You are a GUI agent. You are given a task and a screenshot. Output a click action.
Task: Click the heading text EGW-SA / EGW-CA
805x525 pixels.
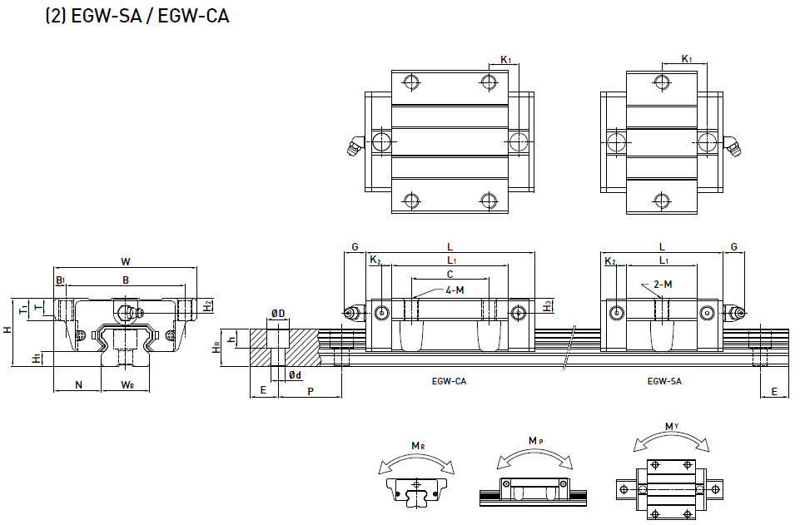(137, 16)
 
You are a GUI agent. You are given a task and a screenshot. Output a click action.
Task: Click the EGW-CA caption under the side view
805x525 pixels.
(449, 381)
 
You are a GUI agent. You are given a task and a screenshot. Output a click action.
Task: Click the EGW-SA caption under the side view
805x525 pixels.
(664, 381)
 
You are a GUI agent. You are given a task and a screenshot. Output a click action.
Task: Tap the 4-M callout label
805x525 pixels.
(455, 290)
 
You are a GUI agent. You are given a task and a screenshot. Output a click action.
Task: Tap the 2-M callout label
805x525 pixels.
(663, 285)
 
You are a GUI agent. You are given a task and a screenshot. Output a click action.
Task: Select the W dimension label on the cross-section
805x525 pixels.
(126, 262)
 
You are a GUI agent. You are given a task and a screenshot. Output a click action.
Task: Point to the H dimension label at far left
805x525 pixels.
(7, 330)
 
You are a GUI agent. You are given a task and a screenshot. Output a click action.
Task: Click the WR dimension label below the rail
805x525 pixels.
(127, 384)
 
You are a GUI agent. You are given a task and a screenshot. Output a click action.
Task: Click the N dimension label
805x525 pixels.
(77, 384)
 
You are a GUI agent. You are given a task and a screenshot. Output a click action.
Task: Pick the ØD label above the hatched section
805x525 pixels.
(277, 314)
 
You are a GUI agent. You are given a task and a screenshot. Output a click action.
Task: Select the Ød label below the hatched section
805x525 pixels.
(295, 375)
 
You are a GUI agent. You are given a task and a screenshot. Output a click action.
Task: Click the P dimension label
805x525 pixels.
(311, 391)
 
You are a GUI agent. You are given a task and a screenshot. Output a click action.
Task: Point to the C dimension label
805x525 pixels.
(450, 274)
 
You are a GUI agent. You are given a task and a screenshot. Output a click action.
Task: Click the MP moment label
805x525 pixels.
(536, 442)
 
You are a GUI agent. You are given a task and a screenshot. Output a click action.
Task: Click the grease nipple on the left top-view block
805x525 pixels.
(352, 146)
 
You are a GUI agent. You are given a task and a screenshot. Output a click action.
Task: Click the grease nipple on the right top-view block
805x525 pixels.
(733, 147)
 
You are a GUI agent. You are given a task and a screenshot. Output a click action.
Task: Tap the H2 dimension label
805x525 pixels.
(207, 305)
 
